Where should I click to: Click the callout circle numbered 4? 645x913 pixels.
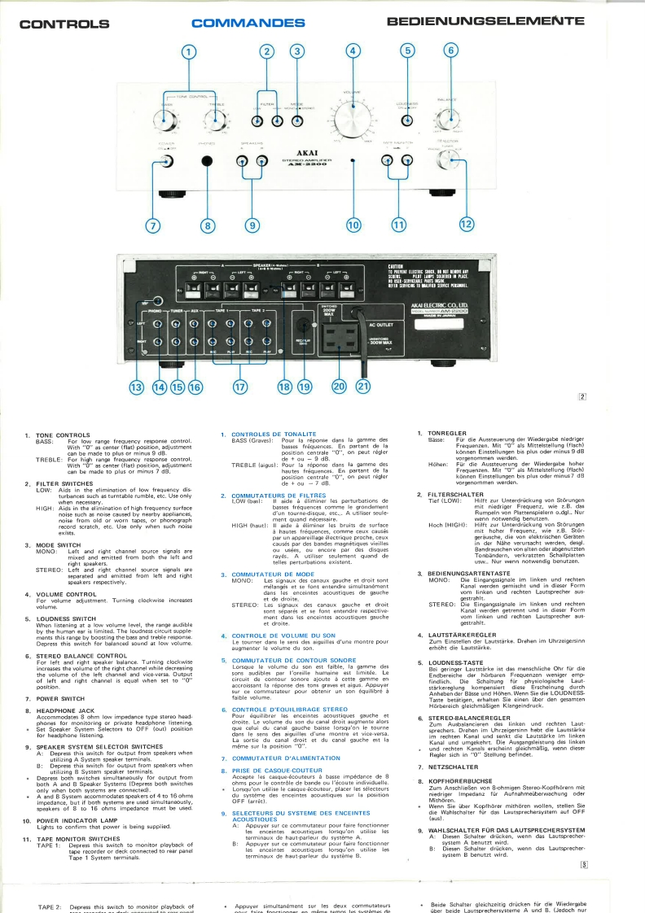[353, 50]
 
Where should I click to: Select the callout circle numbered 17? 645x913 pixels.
[240, 387]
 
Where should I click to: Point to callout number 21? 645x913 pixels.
[362, 387]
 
